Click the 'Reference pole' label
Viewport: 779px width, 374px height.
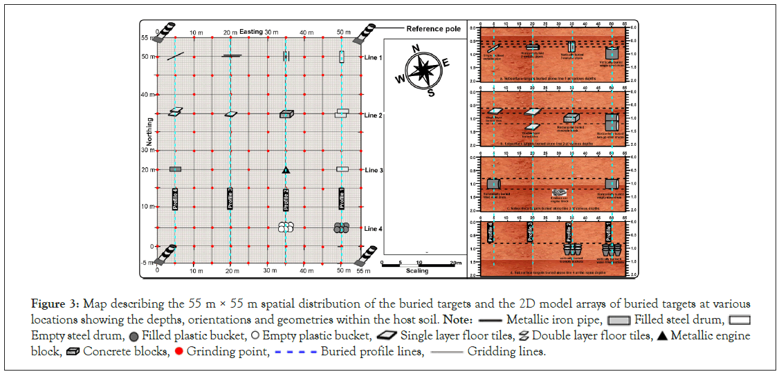pyautogui.click(x=433, y=29)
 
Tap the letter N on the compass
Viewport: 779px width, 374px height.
pyautogui.click(x=416, y=48)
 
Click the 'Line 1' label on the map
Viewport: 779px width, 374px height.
pyautogui.click(x=373, y=57)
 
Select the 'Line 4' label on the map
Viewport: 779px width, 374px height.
pyautogui.click(x=373, y=228)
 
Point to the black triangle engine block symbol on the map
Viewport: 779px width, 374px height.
pyautogui.click(x=286, y=169)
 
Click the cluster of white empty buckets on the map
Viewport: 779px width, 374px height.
pyautogui.click(x=286, y=227)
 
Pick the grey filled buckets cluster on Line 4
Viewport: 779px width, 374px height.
pyautogui.click(x=341, y=227)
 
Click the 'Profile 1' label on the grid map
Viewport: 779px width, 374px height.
pyautogui.click(x=342, y=198)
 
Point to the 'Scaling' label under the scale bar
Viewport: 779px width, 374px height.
pyautogui.click(x=418, y=270)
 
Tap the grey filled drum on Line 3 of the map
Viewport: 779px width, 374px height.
pyautogui.click(x=175, y=169)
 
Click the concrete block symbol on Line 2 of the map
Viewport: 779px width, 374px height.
pyautogui.click(x=286, y=114)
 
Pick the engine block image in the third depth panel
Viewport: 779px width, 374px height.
pyautogui.click(x=559, y=193)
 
